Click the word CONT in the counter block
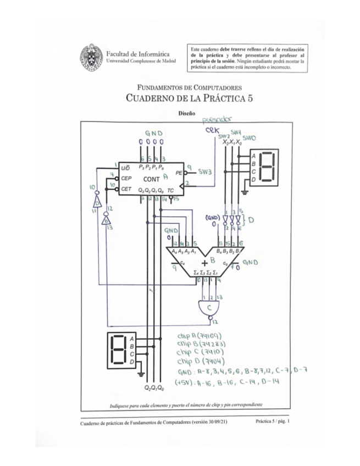click(x=152, y=179)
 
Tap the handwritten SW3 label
click(x=206, y=171)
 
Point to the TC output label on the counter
click(x=171, y=190)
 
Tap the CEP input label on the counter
click(x=126, y=179)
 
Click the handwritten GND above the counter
click(x=153, y=134)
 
